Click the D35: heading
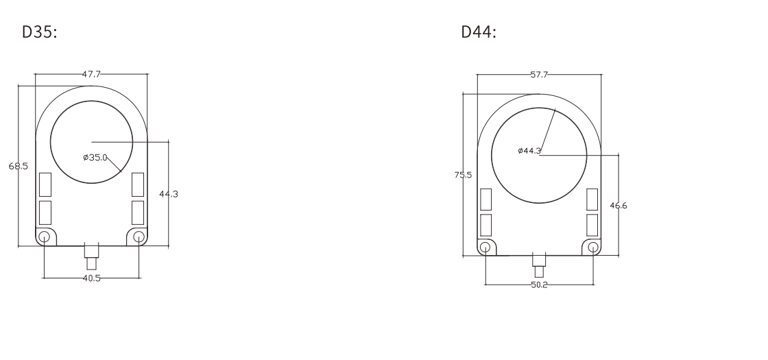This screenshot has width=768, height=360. (40, 32)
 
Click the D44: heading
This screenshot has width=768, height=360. (479, 32)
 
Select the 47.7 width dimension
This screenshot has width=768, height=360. (91, 73)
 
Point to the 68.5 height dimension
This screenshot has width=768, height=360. (19, 166)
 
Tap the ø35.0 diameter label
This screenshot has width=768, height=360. (95, 158)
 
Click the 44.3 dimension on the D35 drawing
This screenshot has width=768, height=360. (168, 194)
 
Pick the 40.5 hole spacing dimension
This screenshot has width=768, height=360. (91, 278)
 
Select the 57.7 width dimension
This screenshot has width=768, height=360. (539, 74)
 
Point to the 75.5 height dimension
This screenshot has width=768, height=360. (463, 175)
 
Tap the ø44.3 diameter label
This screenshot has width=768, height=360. (529, 150)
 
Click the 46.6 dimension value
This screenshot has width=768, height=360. (619, 205)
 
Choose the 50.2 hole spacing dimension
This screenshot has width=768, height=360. (539, 284)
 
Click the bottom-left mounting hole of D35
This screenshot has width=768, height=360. (44, 237)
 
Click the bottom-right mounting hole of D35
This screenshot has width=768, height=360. (139, 237)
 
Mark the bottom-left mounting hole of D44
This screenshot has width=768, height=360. (485, 247)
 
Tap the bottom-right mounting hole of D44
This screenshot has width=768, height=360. (593, 247)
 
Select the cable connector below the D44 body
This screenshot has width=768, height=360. (539, 264)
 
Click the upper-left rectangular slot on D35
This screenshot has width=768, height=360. (45, 184)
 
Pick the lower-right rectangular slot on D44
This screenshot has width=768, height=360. (592, 225)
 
